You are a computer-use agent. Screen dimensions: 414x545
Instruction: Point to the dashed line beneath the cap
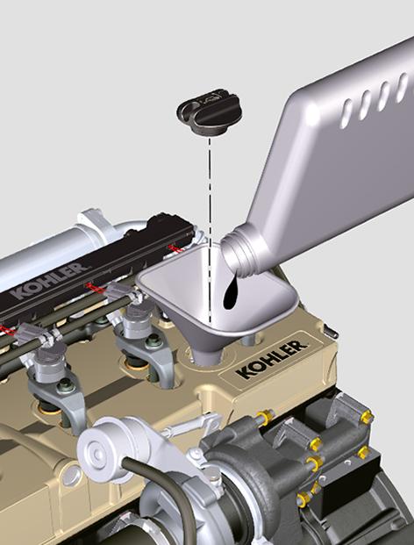(210, 229)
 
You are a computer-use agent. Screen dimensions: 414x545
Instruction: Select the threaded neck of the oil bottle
(240, 249)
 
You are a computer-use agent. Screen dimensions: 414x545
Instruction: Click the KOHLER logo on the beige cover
(272, 359)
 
